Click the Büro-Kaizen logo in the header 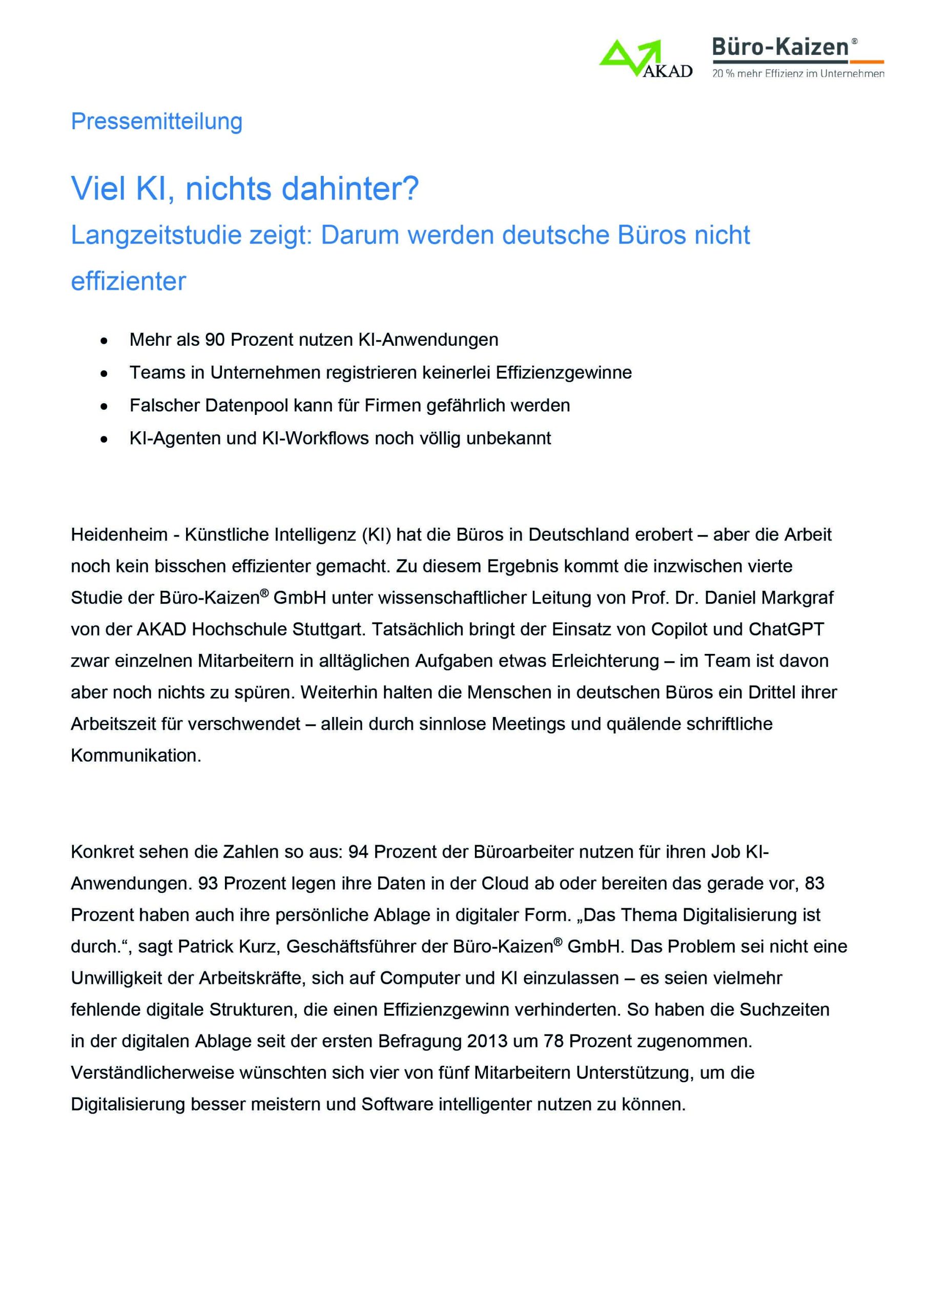[x=797, y=57]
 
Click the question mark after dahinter [x=411, y=188]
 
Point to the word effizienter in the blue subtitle [x=128, y=282]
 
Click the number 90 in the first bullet [x=215, y=340]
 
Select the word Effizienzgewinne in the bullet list [x=564, y=372]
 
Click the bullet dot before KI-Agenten [x=104, y=439]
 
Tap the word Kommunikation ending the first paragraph [x=135, y=755]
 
